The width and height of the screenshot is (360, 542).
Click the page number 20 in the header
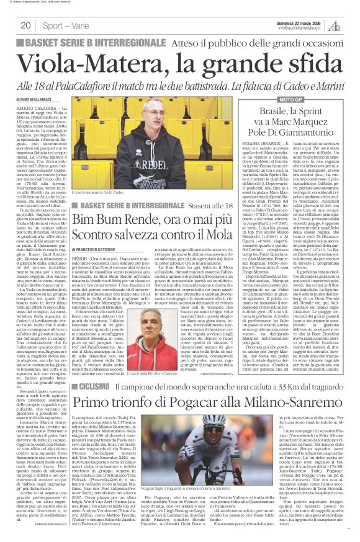26,25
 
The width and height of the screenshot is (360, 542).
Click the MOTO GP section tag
276,99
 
